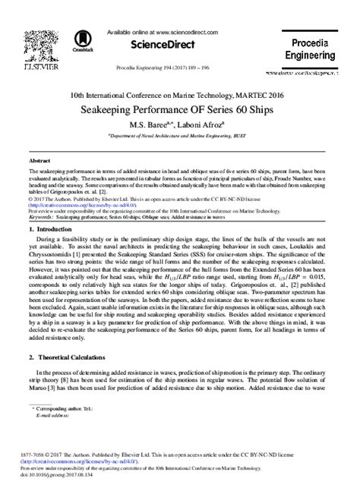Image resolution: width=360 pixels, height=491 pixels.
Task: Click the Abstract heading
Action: [x=39, y=162]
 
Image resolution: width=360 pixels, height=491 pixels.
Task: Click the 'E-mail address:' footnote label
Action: [x=54, y=415]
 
